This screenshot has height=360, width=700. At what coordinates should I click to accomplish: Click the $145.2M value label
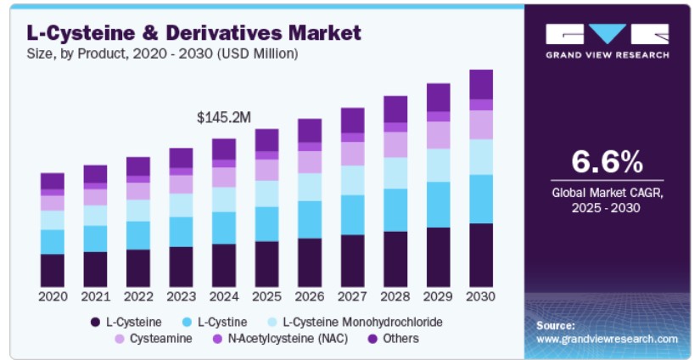(224, 117)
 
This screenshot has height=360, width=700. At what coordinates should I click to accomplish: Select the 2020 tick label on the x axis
(53, 296)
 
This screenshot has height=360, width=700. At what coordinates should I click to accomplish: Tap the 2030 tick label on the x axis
(481, 296)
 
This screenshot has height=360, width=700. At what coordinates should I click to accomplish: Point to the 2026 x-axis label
(310, 296)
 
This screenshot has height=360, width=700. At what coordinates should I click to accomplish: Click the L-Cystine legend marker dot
(188, 322)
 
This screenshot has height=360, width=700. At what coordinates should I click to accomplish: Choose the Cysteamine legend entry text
(160, 339)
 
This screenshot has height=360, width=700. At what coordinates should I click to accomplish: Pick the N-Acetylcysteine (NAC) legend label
(288, 339)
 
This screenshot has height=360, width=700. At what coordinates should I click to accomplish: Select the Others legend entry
(400, 339)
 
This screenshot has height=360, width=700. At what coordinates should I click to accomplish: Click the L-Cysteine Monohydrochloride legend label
(363, 322)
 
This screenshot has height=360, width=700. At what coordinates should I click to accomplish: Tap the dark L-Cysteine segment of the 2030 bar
(481, 255)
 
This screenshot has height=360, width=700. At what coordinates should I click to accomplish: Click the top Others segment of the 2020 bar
(53, 181)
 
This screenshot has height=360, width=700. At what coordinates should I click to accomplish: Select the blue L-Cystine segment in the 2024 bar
(224, 228)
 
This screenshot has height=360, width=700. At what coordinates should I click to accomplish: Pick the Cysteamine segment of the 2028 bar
(395, 144)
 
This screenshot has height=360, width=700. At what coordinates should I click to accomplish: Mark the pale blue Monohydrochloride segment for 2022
(138, 211)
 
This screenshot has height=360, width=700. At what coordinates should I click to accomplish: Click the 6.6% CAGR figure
(608, 161)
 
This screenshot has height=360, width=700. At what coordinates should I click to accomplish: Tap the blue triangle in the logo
(608, 32)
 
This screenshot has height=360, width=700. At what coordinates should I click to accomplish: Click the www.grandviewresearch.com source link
(608, 339)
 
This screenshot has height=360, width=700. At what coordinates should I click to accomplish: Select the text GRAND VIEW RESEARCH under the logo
(608, 55)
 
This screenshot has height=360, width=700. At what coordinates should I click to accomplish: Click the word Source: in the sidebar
(556, 325)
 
